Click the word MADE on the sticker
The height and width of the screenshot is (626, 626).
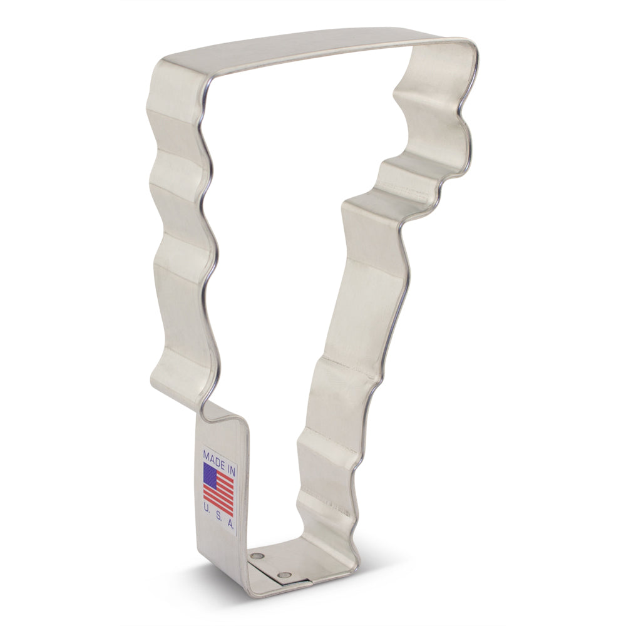213,454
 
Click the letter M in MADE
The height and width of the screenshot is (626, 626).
207,452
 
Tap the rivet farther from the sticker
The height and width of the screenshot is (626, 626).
285,575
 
